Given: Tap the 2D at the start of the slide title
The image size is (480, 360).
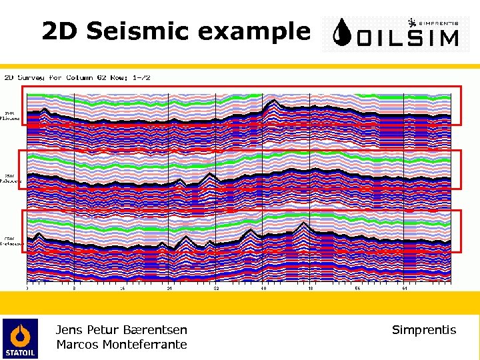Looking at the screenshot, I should pyautogui.click(x=57, y=31).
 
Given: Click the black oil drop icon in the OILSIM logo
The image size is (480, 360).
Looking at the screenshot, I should pyautogui.click(x=342, y=33).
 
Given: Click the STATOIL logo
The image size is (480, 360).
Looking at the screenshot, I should pyautogui.click(x=20, y=338).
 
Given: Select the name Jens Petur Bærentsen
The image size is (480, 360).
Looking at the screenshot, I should pyautogui.click(x=121, y=329).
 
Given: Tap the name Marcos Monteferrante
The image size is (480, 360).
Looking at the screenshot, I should pyautogui.click(x=121, y=345).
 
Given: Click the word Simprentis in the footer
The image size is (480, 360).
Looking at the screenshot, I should pyautogui.click(x=424, y=329).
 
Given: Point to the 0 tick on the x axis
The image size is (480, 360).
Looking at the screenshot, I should pyautogui.click(x=27, y=289).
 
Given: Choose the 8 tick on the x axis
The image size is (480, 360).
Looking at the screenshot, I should pyautogui.click(x=75, y=289).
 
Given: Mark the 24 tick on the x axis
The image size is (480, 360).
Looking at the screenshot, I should pyautogui.click(x=169, y=289).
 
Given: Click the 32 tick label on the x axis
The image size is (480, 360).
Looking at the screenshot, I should pyautogui.click(x=216, y=289).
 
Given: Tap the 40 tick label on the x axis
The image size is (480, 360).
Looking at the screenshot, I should pyautogui.click(x=263, y=289).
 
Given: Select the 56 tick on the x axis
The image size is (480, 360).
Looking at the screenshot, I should pyautogui.click(x=358, y=289).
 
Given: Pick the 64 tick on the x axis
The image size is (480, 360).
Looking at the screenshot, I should pyautogui.click(x=405, y=289).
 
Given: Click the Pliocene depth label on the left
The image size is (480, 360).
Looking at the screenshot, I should pyautogui.click(x=12, y=116).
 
